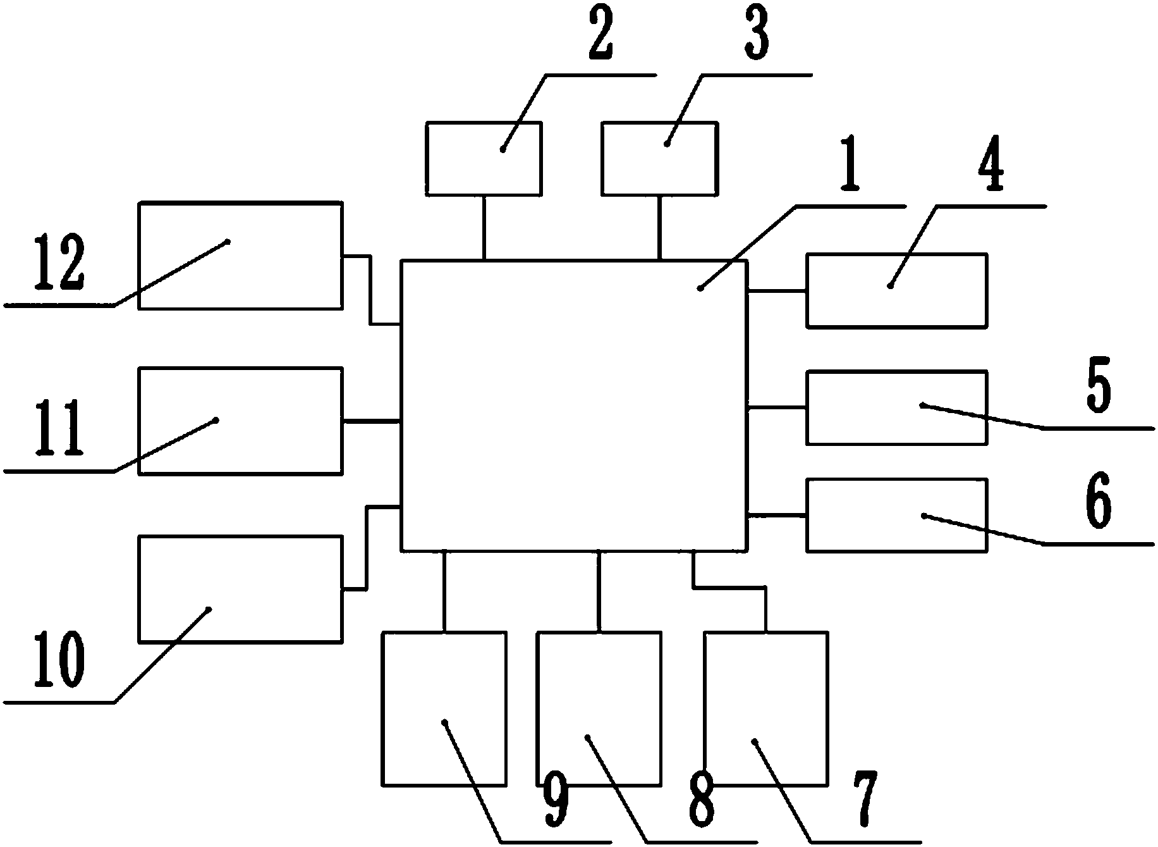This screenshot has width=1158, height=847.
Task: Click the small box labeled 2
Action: coord(484,158)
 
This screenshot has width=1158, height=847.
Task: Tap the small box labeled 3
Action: coord(659,158)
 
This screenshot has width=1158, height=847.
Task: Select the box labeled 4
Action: coord(896,290)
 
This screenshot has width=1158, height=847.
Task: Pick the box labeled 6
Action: coord(896,516)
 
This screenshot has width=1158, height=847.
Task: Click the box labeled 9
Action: coord(444,708)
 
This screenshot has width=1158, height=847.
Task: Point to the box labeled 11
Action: coord(240,421)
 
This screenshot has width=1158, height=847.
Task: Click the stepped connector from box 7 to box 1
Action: coord(730,588)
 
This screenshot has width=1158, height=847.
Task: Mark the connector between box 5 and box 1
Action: coord(776,409)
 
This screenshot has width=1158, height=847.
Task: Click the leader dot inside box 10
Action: coord(209,609)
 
